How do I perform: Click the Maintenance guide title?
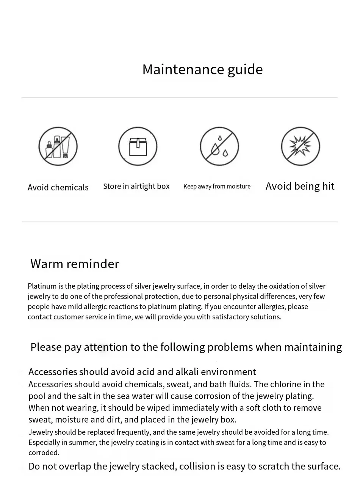(202, 69)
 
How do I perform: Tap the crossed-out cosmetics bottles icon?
(58, 146)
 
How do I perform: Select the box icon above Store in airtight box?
(138, 146)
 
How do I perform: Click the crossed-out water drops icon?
(219, 146)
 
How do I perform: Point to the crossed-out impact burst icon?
(301, 146)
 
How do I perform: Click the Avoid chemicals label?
(58, 187)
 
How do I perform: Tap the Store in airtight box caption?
(136, 186)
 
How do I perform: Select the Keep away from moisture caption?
(217, 186)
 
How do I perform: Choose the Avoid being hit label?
(300, 186)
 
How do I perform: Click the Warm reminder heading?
(75, 264)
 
